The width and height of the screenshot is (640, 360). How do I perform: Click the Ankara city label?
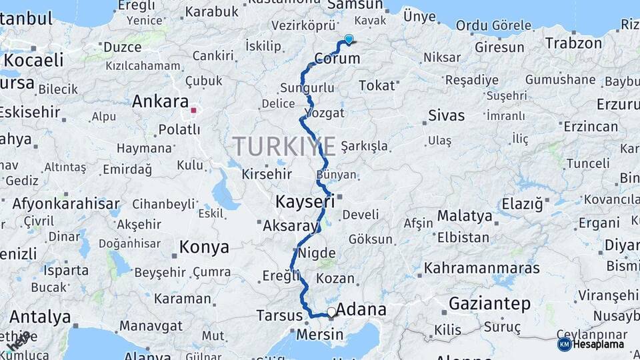160,102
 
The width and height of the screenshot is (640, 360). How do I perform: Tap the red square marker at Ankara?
193,111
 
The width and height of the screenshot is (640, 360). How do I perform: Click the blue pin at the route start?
349,39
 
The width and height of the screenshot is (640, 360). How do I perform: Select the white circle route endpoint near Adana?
331,311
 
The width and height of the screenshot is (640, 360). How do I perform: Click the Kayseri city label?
305,201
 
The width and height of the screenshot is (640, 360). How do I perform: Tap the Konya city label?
204,248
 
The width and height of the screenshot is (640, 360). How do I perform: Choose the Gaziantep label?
490,305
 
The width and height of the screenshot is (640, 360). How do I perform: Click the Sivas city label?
446,115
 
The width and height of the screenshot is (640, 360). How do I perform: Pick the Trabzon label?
575,43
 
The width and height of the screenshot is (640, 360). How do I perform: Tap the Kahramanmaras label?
481,269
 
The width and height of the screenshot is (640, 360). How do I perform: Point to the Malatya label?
465,217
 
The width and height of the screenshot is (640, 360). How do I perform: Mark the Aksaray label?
291,226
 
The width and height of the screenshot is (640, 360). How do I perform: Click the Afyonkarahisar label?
66,204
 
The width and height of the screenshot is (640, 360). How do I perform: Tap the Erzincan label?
590,127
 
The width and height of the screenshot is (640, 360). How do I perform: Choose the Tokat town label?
377,86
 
